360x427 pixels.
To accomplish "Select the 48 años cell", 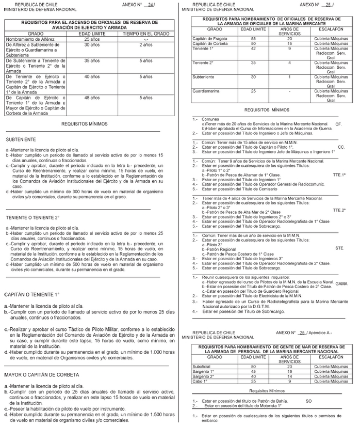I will [x=91, y=98].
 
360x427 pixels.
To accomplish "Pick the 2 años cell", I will [x=146, y=45].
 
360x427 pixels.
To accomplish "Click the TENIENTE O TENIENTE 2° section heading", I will [x=32, y=217].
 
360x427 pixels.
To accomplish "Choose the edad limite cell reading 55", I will [x=253, y=39].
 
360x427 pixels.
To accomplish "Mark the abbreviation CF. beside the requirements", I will [x=338, y=124].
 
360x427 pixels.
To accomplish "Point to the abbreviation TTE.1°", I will [x=339, y=175].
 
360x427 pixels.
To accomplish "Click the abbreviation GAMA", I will [x=341, y=284].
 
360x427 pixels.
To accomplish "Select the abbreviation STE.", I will [x=339, y=248].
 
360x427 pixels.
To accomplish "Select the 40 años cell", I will [x=91, y=77].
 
